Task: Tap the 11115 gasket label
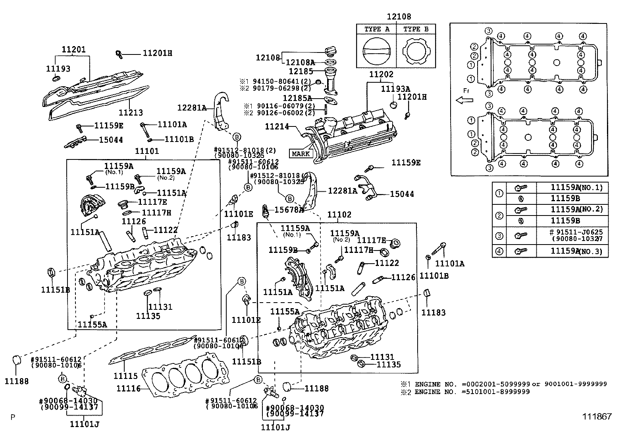pyautogui.click(x=125, y=376)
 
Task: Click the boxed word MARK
pyautogui.click(x=301, y=153)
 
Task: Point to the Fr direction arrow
pyautogui.click(x=465, y=100)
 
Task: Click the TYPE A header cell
pyautogui.click(x=377, y=29)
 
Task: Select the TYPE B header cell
pyautogui.click(x=416, y=29)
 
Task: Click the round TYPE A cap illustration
pyautogui.click(x=377, y=51)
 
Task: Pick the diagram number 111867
pyautogui.click(x=597, y=416)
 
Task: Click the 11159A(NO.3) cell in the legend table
pyautogui.click(x=576, y=251)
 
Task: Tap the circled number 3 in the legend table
pyautogui.click(x=499, y=236)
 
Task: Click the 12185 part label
pyautogui.click(x=301, y=72)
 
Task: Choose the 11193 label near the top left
pyautogui.click(x=58, y=69)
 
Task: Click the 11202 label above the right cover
pyautogui.click(x=381, y=74)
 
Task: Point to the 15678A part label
pyautogui.click(x=289, y=209)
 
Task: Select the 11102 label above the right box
pyautogui.click(x=339, y=215)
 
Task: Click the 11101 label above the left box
pyautogui.click(x=147, y=151)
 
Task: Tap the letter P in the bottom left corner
pyautogui.click(x=13, y=417)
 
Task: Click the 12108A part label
pyautogui.click(x=300, y=62)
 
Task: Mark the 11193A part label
pyautogui.click(x=395, y=89)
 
